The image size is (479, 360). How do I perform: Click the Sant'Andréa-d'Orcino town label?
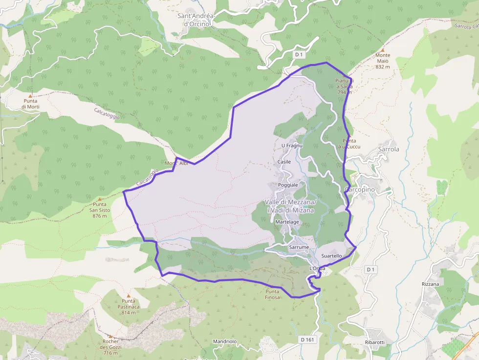(x=196, y=20)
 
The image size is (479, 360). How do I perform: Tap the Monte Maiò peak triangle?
(x=383, y=50)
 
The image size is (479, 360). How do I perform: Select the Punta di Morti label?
(x=30, y=104)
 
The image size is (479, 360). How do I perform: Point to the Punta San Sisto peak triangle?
(x=100, y=199)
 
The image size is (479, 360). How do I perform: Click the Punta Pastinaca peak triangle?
(x=129, y=296)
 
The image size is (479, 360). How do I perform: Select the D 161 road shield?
(x=307, y=339)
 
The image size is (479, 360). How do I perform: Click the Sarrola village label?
(x=389, y=149)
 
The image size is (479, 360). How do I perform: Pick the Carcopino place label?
(x=360, y=190)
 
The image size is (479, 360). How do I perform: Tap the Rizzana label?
(x=430, y=284)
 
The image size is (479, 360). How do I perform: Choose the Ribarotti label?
(x=375, y=342)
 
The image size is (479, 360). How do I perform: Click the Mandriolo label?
(x=225, y=341)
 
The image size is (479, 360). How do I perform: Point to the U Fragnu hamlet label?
(x=292, y=146)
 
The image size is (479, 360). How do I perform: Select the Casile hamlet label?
(x=284, y=162)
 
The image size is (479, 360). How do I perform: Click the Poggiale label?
(x=288, y=185)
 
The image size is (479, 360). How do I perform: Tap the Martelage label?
(x=287, y=222)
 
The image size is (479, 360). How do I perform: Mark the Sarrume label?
(x=299, y=248)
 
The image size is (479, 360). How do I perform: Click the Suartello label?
(x=331, y=256)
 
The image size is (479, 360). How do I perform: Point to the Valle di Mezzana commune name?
(x=290, y=206)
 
